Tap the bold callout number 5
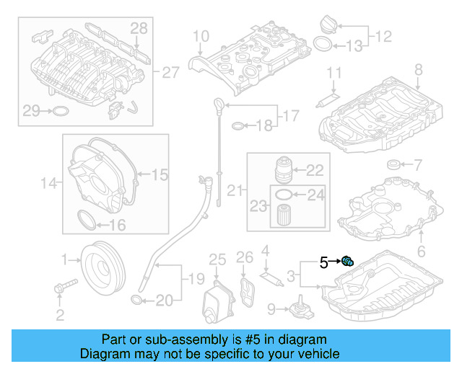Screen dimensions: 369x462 (325, 263)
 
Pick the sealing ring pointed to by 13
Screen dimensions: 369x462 (326, 46)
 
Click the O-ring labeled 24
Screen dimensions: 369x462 (284, 194)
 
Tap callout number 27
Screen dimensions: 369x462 (170, 73)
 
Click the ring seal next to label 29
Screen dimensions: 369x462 (61, 111)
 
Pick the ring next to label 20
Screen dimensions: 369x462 (136, 298)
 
